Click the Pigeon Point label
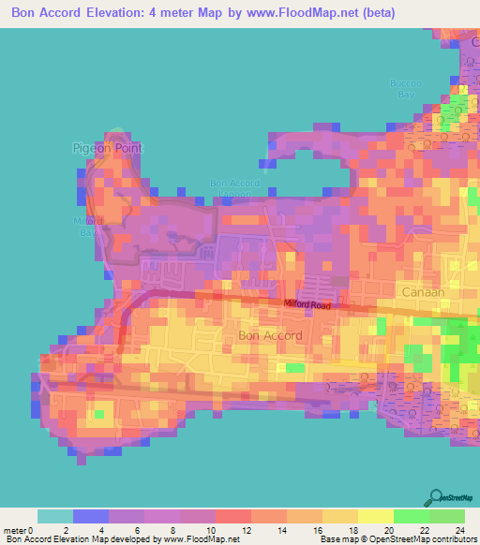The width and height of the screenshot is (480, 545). pos(103,148)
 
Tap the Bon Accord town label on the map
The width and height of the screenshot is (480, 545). pos(271,334)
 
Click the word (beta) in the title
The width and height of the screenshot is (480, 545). pos(375,13)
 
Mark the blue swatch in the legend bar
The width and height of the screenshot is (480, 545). pos(91,516)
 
